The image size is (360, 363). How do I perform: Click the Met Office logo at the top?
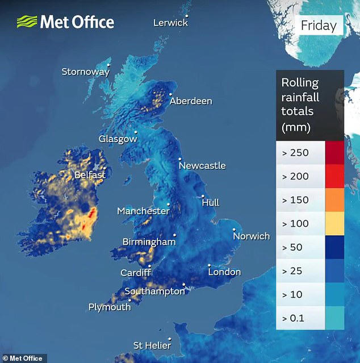[65, 22]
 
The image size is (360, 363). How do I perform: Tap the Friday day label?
[318, 26]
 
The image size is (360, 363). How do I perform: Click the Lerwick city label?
[170, 23]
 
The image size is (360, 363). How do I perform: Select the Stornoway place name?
[85, 72]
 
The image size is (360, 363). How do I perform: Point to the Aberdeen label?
[191, 101]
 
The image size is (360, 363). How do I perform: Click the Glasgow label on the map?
[118, 139]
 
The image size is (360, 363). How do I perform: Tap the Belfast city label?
[90, 175]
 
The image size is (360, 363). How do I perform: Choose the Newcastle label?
[202, 166]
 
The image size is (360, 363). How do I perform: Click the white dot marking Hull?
[203, 197]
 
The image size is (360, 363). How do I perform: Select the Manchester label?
[143, 211]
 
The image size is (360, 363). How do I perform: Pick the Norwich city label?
[251, 236]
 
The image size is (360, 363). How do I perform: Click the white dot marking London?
[209, 265]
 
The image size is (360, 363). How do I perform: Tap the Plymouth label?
[109, 307]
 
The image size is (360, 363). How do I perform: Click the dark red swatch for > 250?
[334, 152]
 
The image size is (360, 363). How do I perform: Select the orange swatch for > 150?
[334, 200]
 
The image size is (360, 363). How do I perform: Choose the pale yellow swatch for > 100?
[334, 223]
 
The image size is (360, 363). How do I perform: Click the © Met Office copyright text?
[23, 358]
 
